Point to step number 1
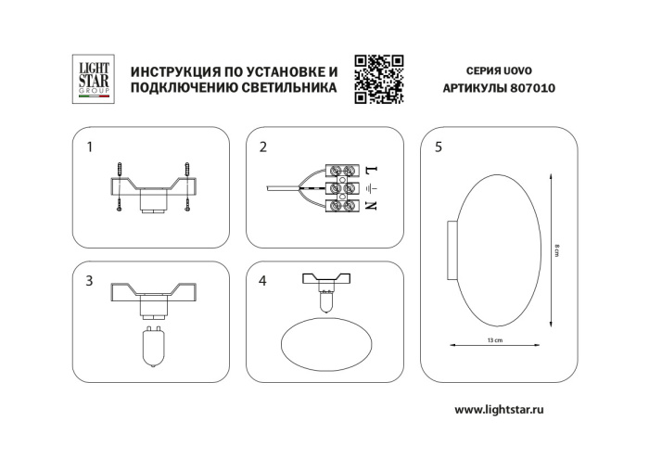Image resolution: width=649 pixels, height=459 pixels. [x=89, y=147]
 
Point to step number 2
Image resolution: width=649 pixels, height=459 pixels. [x=263, y=147]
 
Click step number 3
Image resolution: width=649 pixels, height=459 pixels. [x=89, y=280]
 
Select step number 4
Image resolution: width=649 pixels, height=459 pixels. [x=263, y=280]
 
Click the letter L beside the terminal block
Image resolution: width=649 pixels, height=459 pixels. [x=370, y=172]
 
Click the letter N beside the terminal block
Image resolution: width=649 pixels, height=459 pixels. [x=370, y=205]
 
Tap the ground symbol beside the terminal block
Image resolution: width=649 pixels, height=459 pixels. [x=370, y=188]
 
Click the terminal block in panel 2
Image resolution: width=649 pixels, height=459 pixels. [x=344, y=188]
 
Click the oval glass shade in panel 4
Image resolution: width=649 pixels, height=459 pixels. [x=322, y=341]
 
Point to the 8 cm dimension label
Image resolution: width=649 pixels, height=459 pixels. [x=554, y=246]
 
